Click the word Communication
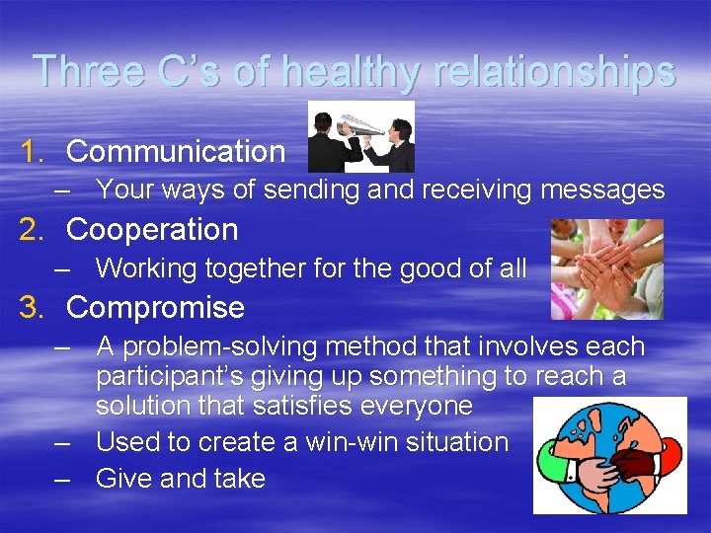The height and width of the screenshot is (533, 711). click(176, 152)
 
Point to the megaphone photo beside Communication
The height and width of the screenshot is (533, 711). click(361, 137)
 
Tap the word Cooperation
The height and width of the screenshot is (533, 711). click(152, 230)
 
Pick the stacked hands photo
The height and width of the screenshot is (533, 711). click(606, 268)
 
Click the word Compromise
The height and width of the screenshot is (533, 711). click(155, 308)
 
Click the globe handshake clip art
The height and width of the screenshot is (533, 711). click(609, 455)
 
